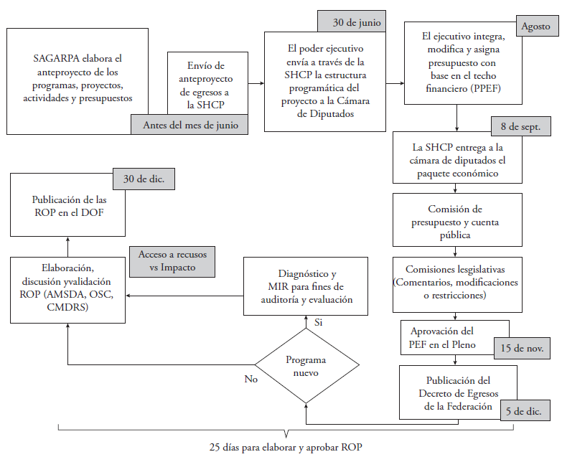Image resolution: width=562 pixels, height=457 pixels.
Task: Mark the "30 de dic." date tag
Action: click(x=144, y=179)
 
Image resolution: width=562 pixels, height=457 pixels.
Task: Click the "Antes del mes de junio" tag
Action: click(x=189, y=125)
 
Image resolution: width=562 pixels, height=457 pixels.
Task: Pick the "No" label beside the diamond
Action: click(x=250, y=378)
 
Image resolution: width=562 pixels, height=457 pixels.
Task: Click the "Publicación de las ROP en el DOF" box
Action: click(x=68, y=207)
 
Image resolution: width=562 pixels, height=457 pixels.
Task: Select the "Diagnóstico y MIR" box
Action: click(x=306, y=286)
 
